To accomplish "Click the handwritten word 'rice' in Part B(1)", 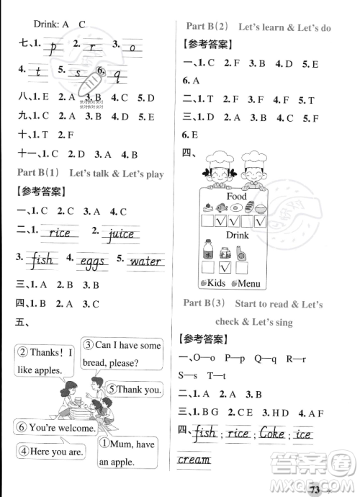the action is pyautogui.click(x=59, y=233).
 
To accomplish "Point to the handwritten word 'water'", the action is pyautogui.click(x=145, y=260).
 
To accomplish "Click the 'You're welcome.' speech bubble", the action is pyautogui.click(x=57, y=427).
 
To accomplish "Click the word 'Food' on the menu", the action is pyautogui.click(x=235, y=196).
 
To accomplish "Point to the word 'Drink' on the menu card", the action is pyautogui.click(x=236, y=235).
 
